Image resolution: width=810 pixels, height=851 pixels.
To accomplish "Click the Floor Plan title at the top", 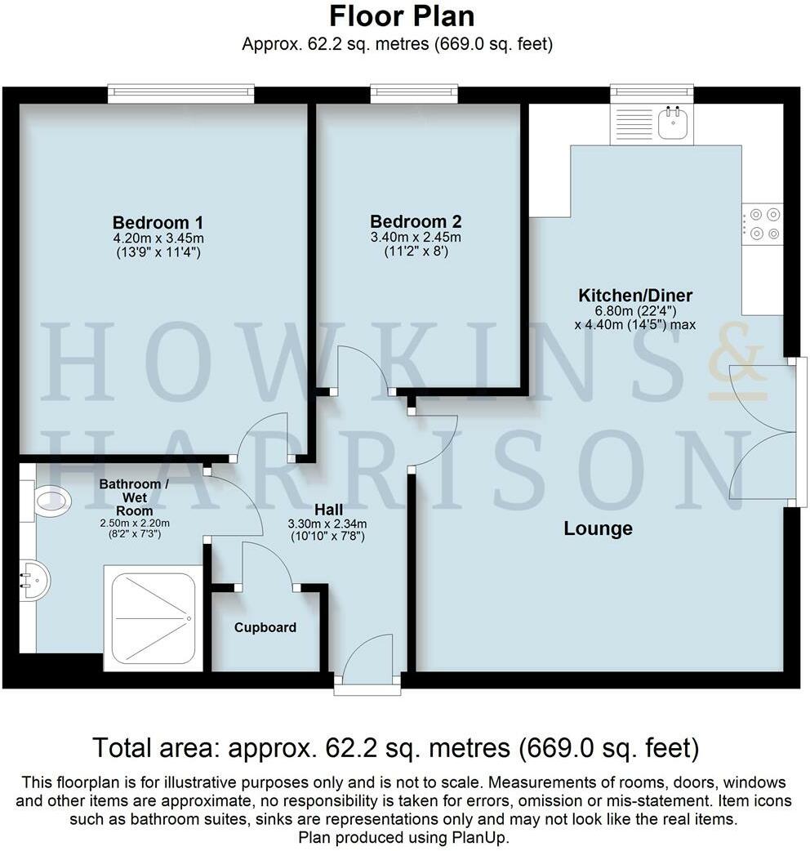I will (x=401, y=16).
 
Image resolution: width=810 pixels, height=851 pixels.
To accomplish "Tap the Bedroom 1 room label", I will (x=158, y=222).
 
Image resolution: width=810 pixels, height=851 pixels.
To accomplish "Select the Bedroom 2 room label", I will (x=416, y=221).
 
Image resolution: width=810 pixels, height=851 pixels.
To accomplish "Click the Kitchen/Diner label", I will (x=635, y=295).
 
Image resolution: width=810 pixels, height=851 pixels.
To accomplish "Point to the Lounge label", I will (x=598, y=528).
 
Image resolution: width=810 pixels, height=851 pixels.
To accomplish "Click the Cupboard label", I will (x=265, y=627).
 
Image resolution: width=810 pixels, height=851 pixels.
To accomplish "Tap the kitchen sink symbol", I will (x=674, y=123).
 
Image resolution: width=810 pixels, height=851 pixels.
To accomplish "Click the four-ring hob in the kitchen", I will (x=763, y=224).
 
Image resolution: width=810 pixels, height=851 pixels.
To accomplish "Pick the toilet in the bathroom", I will (x=51, y=499).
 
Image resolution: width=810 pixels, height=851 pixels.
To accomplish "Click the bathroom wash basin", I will (x=34, y=581).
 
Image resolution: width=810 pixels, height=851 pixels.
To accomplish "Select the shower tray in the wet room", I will (x=153, y=617).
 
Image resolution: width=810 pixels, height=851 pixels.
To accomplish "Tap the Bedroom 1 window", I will (x=180, y=94).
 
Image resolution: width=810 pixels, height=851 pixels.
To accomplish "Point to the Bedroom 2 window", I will (x=413, y=94).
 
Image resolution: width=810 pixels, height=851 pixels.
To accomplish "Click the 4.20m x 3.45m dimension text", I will (x=158, y=238).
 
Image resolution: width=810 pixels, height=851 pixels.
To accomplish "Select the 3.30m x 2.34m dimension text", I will (x=326, y=524).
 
